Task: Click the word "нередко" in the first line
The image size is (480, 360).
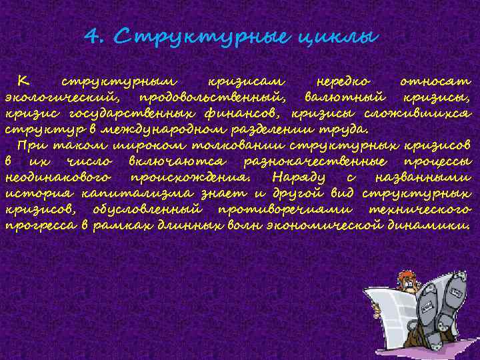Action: pos(340,81)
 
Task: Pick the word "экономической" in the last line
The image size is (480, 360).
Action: pos(341,225)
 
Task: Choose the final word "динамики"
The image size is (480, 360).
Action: pos(439,225)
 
